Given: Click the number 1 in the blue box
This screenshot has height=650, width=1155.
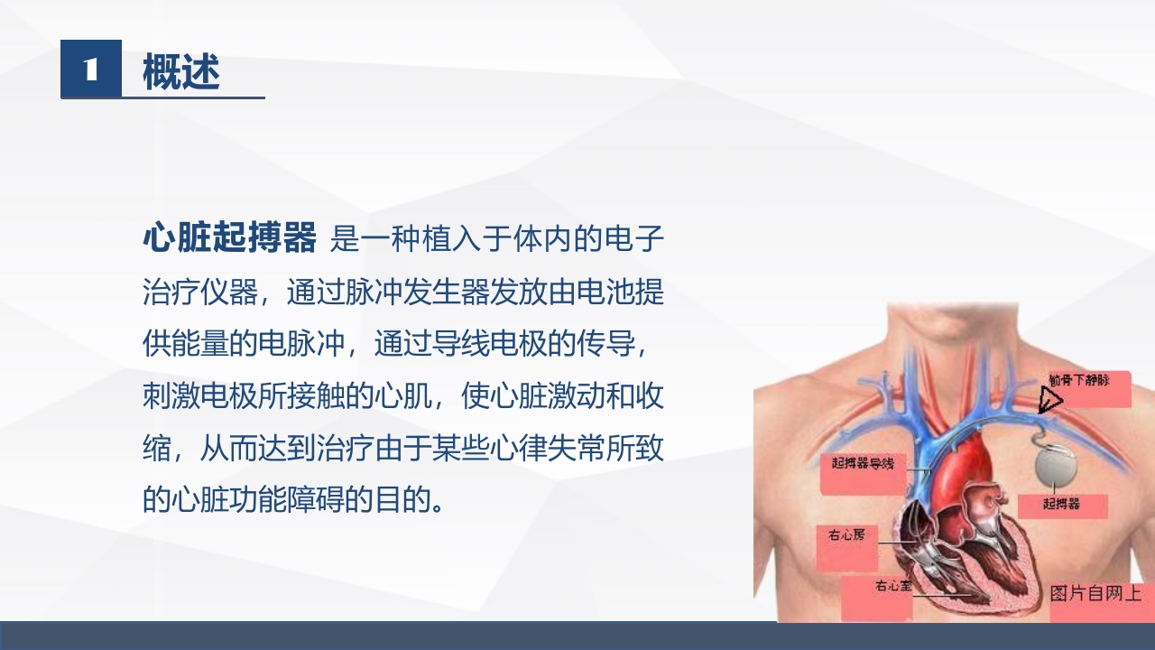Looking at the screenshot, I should (x=90, y=70).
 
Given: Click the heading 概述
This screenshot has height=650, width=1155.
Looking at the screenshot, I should (x=181, y=71).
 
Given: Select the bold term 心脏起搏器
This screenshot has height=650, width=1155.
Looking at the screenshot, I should (x=229, y=238).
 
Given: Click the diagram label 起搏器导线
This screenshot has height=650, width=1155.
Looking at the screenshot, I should (x=862, y=463).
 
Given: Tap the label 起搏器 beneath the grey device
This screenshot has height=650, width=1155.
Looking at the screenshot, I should (x=1061, y=504).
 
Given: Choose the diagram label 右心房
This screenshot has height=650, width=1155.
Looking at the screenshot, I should (x=846, y=534).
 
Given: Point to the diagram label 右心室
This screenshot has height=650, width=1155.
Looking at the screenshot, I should (x=893, y=587).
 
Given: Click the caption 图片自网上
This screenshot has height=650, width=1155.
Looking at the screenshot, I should (x=1095, y=594).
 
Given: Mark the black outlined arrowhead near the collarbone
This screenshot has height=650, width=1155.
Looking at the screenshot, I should (x=1049, y=399).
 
